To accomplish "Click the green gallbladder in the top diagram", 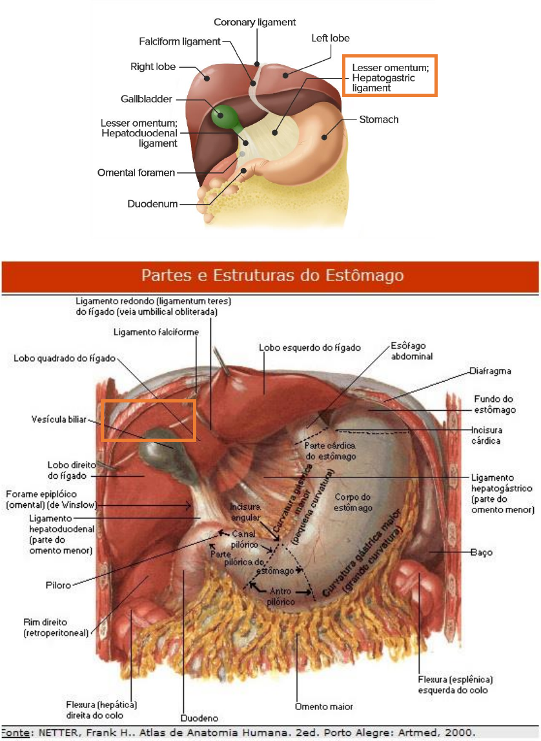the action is point(223,116).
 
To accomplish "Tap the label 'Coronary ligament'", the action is point(254,22).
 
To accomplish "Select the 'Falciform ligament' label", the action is point(179,41).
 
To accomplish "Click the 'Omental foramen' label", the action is point(136,172).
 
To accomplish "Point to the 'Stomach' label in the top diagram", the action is point(379,120).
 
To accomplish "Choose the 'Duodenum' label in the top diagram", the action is point(152,204).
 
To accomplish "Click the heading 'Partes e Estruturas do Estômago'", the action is point(272,276).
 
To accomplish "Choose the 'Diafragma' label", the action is point(491,371).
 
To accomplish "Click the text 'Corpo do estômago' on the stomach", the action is point(354,503).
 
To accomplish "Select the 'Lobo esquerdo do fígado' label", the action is point(309,348).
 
